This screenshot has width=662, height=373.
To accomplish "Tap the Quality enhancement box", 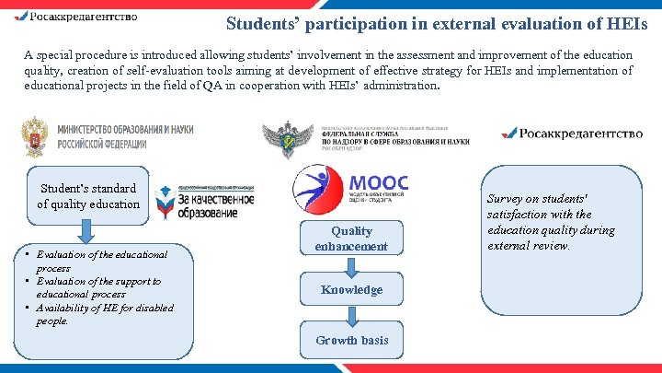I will (351, 239).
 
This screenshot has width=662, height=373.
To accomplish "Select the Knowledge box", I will (351, 289).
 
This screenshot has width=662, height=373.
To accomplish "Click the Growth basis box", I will (351, 340).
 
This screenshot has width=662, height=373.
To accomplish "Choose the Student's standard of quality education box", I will (88, 196).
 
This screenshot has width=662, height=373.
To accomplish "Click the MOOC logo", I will (350, 187).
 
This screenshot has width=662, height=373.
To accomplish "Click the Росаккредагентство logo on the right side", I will (571, 134).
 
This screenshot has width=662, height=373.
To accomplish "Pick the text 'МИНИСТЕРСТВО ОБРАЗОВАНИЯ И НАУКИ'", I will (125, 131).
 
